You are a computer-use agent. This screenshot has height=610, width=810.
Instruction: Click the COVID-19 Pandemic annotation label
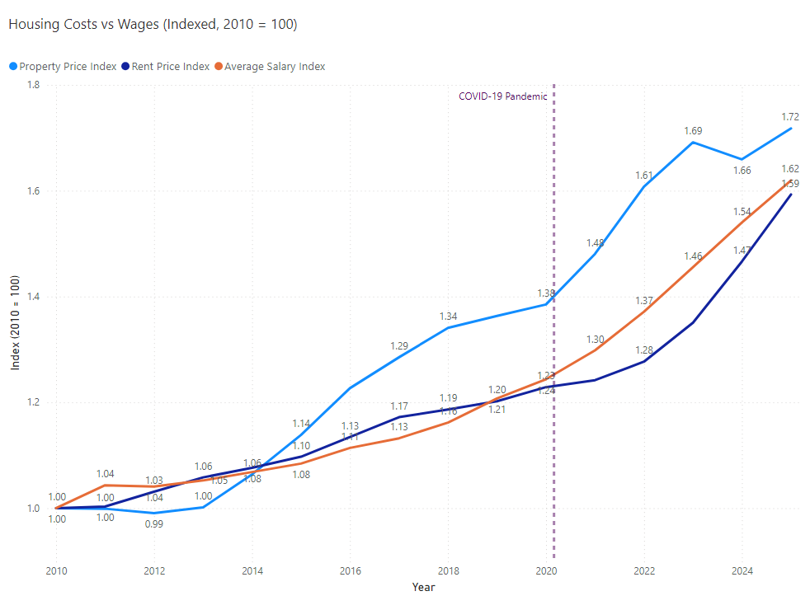click(x=502, y=96)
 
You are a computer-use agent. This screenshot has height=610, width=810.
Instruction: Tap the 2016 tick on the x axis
click(x=350, y=570)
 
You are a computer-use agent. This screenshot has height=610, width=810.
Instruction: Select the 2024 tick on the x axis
click(x=742, y=570)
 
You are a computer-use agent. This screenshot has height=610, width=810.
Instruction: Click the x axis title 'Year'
click(x=423, y=588)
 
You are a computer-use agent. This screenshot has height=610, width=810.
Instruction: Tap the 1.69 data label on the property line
click(x=693, y=131)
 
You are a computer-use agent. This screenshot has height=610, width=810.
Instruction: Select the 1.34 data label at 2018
click(x=448, y=317)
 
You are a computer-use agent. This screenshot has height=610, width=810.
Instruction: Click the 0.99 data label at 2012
click(x=154, y=524)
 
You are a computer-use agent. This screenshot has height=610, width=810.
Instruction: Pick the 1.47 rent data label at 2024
click(x=742, y=250)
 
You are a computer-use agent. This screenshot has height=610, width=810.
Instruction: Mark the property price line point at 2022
click(x=644, y=186)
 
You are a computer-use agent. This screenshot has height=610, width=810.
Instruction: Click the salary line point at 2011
click(x=106, y=486)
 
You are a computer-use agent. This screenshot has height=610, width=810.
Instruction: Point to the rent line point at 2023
click(x=693, y=322)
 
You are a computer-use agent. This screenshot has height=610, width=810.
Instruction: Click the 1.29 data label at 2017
click(x=399, y=345)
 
